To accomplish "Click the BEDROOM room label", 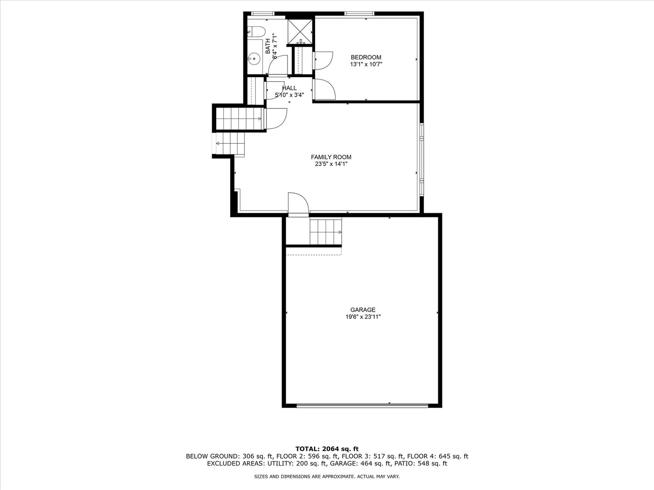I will [366, 57].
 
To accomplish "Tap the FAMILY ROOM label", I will [331, 157].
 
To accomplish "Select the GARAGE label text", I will [362, 310].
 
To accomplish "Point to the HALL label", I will [289, 88].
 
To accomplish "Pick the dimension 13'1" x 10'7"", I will [366, 64].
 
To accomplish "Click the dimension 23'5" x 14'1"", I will [331, 164].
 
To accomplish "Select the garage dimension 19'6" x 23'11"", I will [362, 317].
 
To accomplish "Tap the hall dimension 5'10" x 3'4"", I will [289, 95].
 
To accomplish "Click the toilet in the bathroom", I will [257, 32].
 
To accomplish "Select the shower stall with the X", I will [300, 31].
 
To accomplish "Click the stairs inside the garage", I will [325, 231].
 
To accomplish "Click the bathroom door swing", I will [278, 65].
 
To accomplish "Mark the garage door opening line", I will [362, 406].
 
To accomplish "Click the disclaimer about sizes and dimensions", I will [327, 477].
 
